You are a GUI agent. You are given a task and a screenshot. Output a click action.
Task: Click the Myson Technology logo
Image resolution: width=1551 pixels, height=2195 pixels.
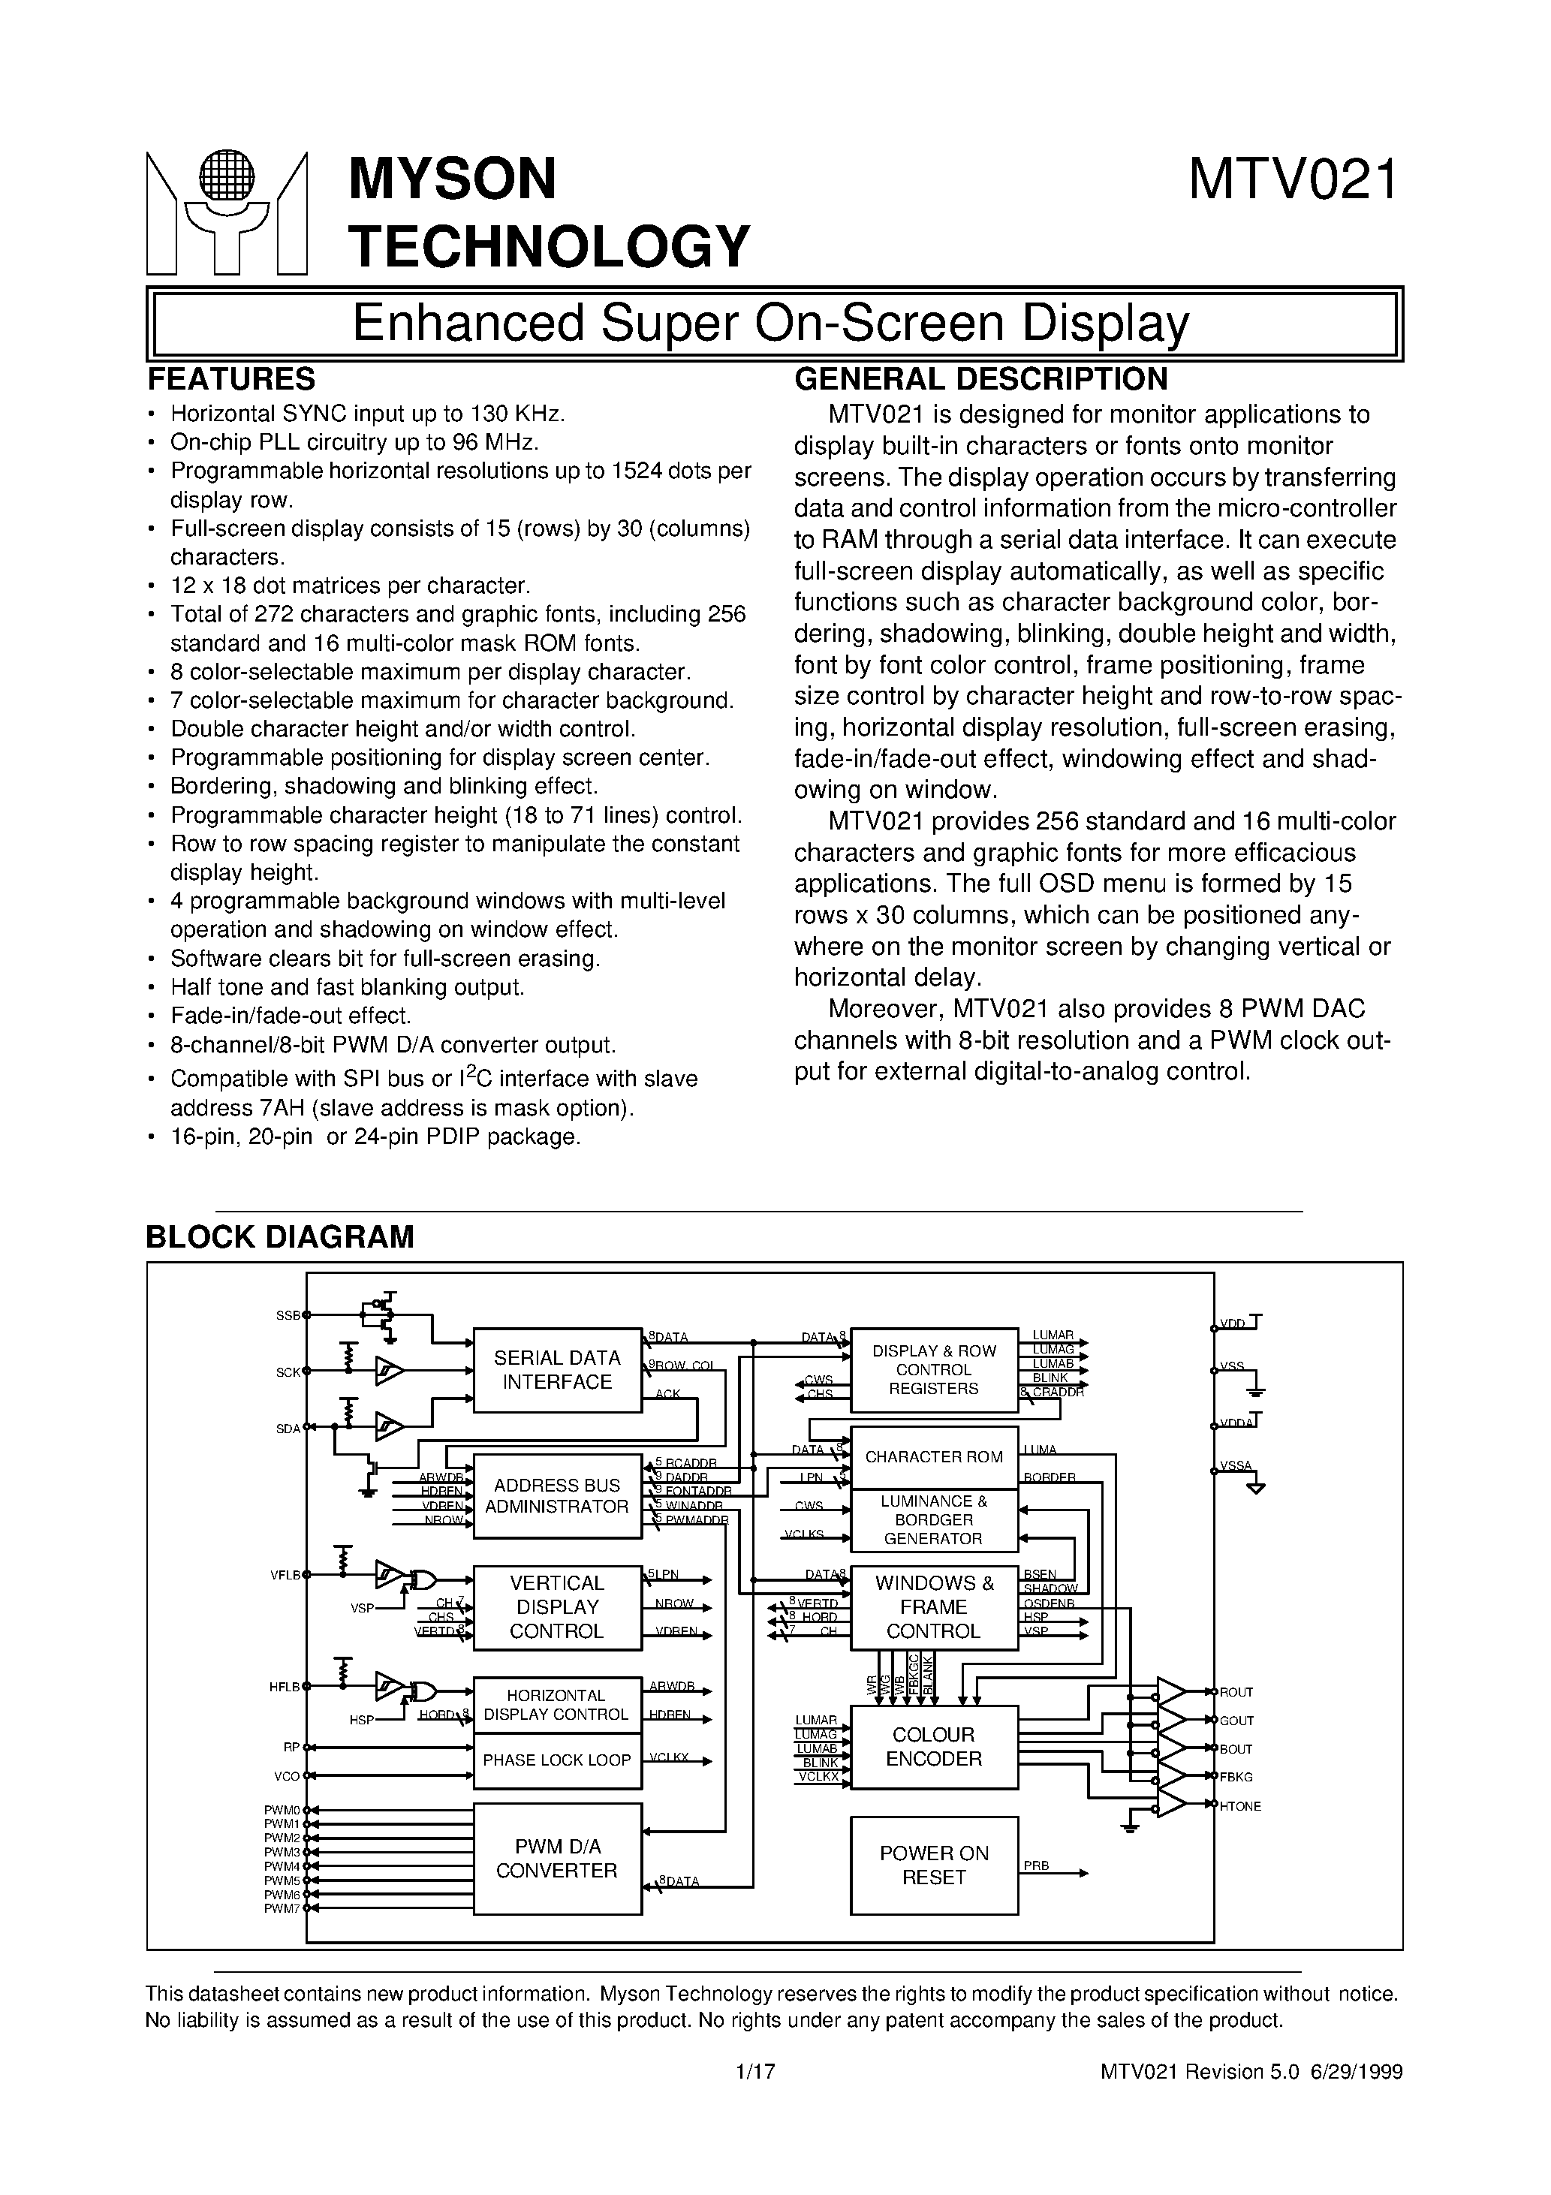(x=227, y=212)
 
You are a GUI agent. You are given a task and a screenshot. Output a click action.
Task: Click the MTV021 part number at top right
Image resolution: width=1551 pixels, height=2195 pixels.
(x=1294, y=179)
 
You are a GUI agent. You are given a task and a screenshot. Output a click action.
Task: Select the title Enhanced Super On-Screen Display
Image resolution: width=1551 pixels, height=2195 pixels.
(x=771, y=323)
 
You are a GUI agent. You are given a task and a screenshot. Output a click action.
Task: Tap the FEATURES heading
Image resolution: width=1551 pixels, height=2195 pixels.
(x=231, y=380)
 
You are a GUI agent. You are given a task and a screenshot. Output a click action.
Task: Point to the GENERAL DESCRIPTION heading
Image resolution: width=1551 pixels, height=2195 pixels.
(x=981, y=380)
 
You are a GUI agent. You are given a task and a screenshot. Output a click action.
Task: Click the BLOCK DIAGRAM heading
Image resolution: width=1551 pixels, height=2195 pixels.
(x=280, y=1236)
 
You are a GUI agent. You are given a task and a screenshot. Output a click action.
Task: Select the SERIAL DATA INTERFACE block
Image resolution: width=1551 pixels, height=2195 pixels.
(x=558, y=1369)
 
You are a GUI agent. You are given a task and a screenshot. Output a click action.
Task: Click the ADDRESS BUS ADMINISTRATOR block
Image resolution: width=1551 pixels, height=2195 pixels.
(x=558, y=1495)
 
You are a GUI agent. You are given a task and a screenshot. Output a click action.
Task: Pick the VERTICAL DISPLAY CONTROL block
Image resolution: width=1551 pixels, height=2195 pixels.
(x=558, y=1607)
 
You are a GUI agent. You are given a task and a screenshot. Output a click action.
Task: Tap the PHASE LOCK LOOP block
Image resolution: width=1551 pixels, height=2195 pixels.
(x=558, y=1760)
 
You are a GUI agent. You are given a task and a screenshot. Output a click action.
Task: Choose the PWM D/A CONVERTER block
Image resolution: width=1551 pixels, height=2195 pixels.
(x=558, y=1859)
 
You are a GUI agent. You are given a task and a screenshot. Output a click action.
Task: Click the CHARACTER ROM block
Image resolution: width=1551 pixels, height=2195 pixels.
(x=933, y=1457)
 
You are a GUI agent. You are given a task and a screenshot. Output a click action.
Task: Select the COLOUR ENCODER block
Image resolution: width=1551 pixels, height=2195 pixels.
(x=933, y=1747)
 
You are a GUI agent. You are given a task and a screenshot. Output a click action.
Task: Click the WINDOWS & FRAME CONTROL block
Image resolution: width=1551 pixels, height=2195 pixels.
(x=933, y=1607)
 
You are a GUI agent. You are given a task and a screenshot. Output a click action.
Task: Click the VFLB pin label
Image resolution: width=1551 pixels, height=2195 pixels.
(x=285, y=1573)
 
